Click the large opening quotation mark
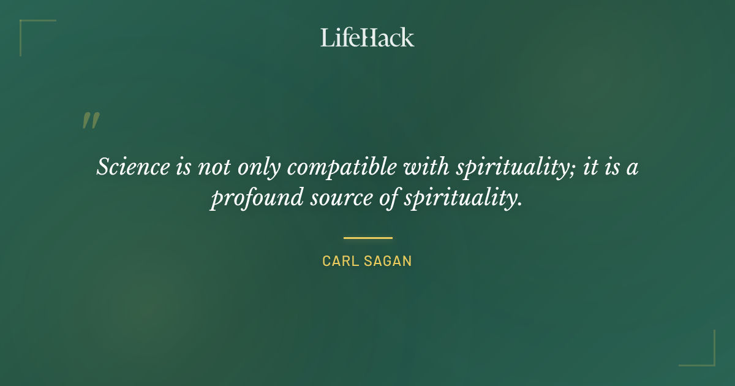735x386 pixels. tap(91, 121)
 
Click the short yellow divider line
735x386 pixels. tap(367, 238)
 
